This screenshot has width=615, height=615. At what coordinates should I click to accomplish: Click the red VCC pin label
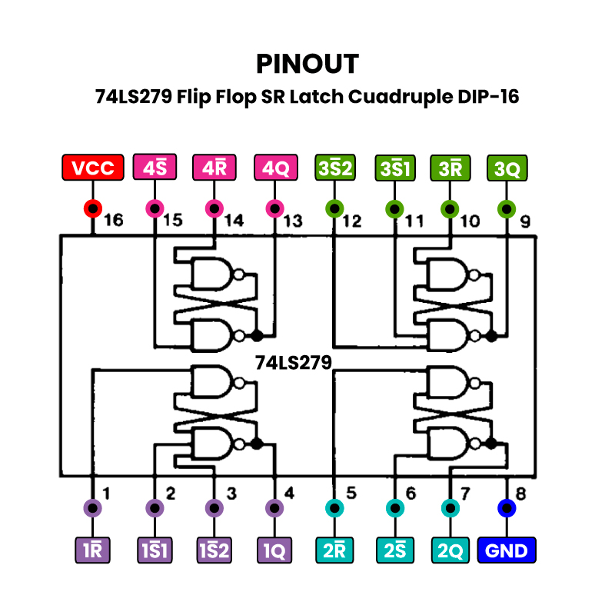(93, 168)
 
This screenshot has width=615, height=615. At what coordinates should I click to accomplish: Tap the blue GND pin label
(507, 550)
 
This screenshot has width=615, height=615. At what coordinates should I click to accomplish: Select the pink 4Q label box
(275, 168)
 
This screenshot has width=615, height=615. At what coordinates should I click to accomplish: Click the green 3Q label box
(507, 168)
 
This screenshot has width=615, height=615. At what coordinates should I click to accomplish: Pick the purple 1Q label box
(275, 550)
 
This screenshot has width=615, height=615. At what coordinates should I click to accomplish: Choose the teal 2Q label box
(450, 550)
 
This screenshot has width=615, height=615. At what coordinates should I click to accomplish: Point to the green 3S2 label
(334, 168)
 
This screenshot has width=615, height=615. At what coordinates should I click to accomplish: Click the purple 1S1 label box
(155, 550)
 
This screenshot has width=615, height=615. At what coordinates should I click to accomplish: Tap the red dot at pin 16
(93, 208)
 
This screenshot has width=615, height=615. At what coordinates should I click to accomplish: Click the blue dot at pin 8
(507, 508)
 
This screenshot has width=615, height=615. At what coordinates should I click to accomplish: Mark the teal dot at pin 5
(334, 508)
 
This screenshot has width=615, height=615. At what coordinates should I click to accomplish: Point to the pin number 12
(352, 221)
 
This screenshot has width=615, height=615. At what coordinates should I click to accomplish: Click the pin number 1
(106, 492)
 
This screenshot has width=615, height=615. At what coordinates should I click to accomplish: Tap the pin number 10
(469, 221)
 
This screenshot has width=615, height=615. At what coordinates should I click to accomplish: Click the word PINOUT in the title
(307, 63)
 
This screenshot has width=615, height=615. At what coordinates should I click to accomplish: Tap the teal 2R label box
(334, 550)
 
